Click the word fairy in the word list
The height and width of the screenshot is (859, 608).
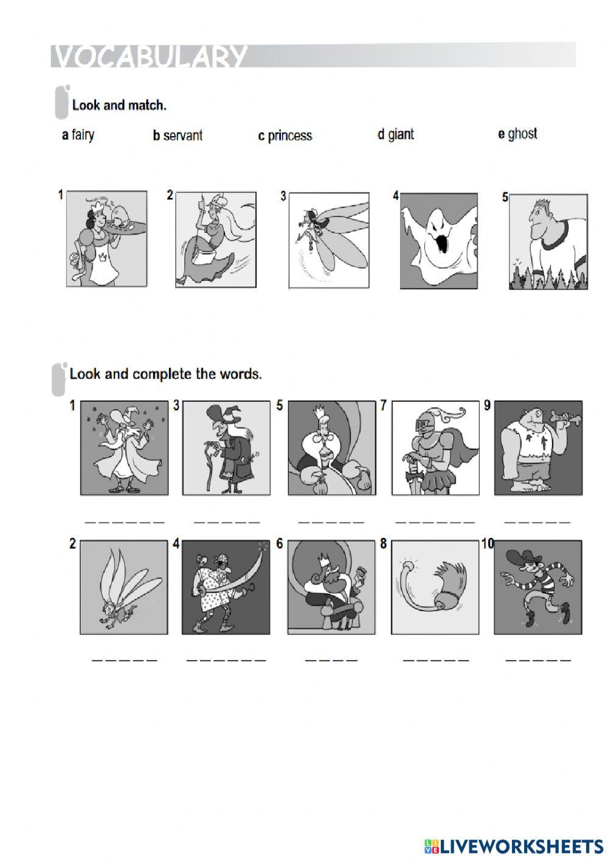pos(83,134)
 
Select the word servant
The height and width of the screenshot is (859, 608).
pos(182,136)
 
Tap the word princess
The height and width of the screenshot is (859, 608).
pos(289,136)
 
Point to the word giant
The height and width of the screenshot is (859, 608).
pos(400,134)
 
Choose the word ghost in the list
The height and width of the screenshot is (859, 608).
pos(522,134)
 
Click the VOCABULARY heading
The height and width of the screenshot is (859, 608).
pos(150,57)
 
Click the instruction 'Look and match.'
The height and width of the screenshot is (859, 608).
pos(119,105)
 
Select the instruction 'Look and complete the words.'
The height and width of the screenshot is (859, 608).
pos(166,374)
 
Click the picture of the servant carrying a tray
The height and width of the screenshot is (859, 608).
pos(107,239)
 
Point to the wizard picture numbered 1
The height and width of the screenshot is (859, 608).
pos(124,448)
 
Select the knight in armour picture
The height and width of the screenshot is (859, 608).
pos(435,448)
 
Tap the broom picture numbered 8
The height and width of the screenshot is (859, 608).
pos(435,587)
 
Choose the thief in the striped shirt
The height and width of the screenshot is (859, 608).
pos(538,587)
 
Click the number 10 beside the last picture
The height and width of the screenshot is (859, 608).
pos(488,543)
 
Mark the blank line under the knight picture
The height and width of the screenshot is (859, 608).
pos(435,522)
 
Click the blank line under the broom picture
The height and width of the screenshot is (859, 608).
pos(436,660)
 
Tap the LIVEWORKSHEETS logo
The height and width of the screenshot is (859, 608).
pos(514,846)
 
